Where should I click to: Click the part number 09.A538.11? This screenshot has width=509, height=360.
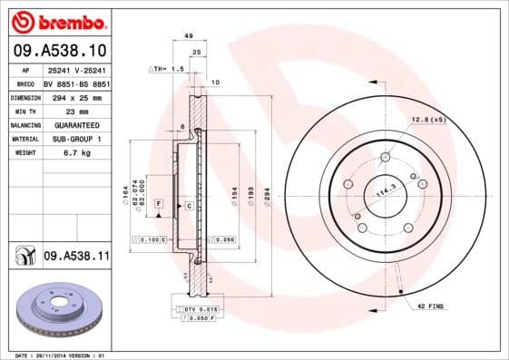pyautogui.click(x=75, y=258)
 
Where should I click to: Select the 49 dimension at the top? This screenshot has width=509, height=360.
pyautogui.click(x=188, y=35)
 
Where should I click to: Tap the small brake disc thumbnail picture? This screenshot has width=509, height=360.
pyautogui.click(x=56, y=307)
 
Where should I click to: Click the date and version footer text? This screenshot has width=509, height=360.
pyautogui.click(x=57, y=355)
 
